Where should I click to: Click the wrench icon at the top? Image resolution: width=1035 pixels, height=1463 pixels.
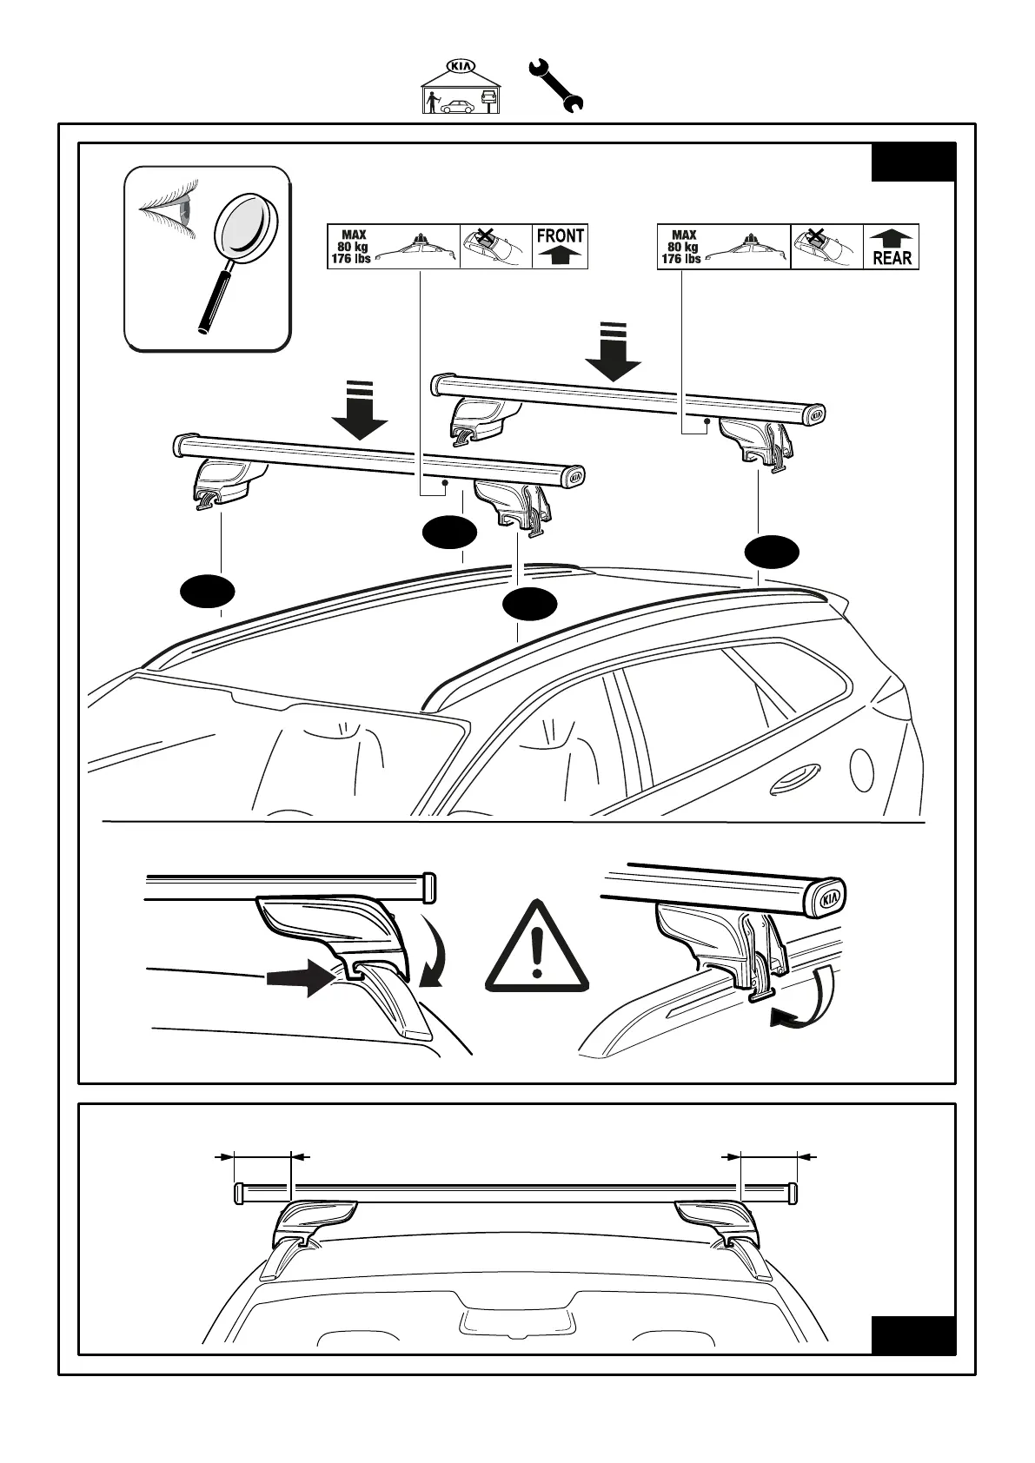556,84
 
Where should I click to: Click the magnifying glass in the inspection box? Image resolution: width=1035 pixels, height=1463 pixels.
236,252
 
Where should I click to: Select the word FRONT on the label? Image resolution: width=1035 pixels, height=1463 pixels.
561,235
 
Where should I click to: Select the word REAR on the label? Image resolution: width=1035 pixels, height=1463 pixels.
892,258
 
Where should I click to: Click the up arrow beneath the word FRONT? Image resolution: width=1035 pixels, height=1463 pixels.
561,255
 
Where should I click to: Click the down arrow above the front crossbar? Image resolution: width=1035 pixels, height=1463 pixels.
359,410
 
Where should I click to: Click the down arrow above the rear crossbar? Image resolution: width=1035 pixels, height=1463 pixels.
613,351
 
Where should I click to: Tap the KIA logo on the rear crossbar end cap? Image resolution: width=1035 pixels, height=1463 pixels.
816,416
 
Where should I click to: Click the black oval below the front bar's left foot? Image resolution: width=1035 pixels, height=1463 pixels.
208,590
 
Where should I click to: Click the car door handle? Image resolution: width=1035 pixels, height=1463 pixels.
793,778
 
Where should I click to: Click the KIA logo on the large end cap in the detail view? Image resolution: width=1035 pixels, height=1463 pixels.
830,898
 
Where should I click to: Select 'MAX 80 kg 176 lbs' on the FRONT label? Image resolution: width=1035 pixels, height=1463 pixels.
352,247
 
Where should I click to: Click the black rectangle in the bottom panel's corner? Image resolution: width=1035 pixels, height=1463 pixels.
912,1335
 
